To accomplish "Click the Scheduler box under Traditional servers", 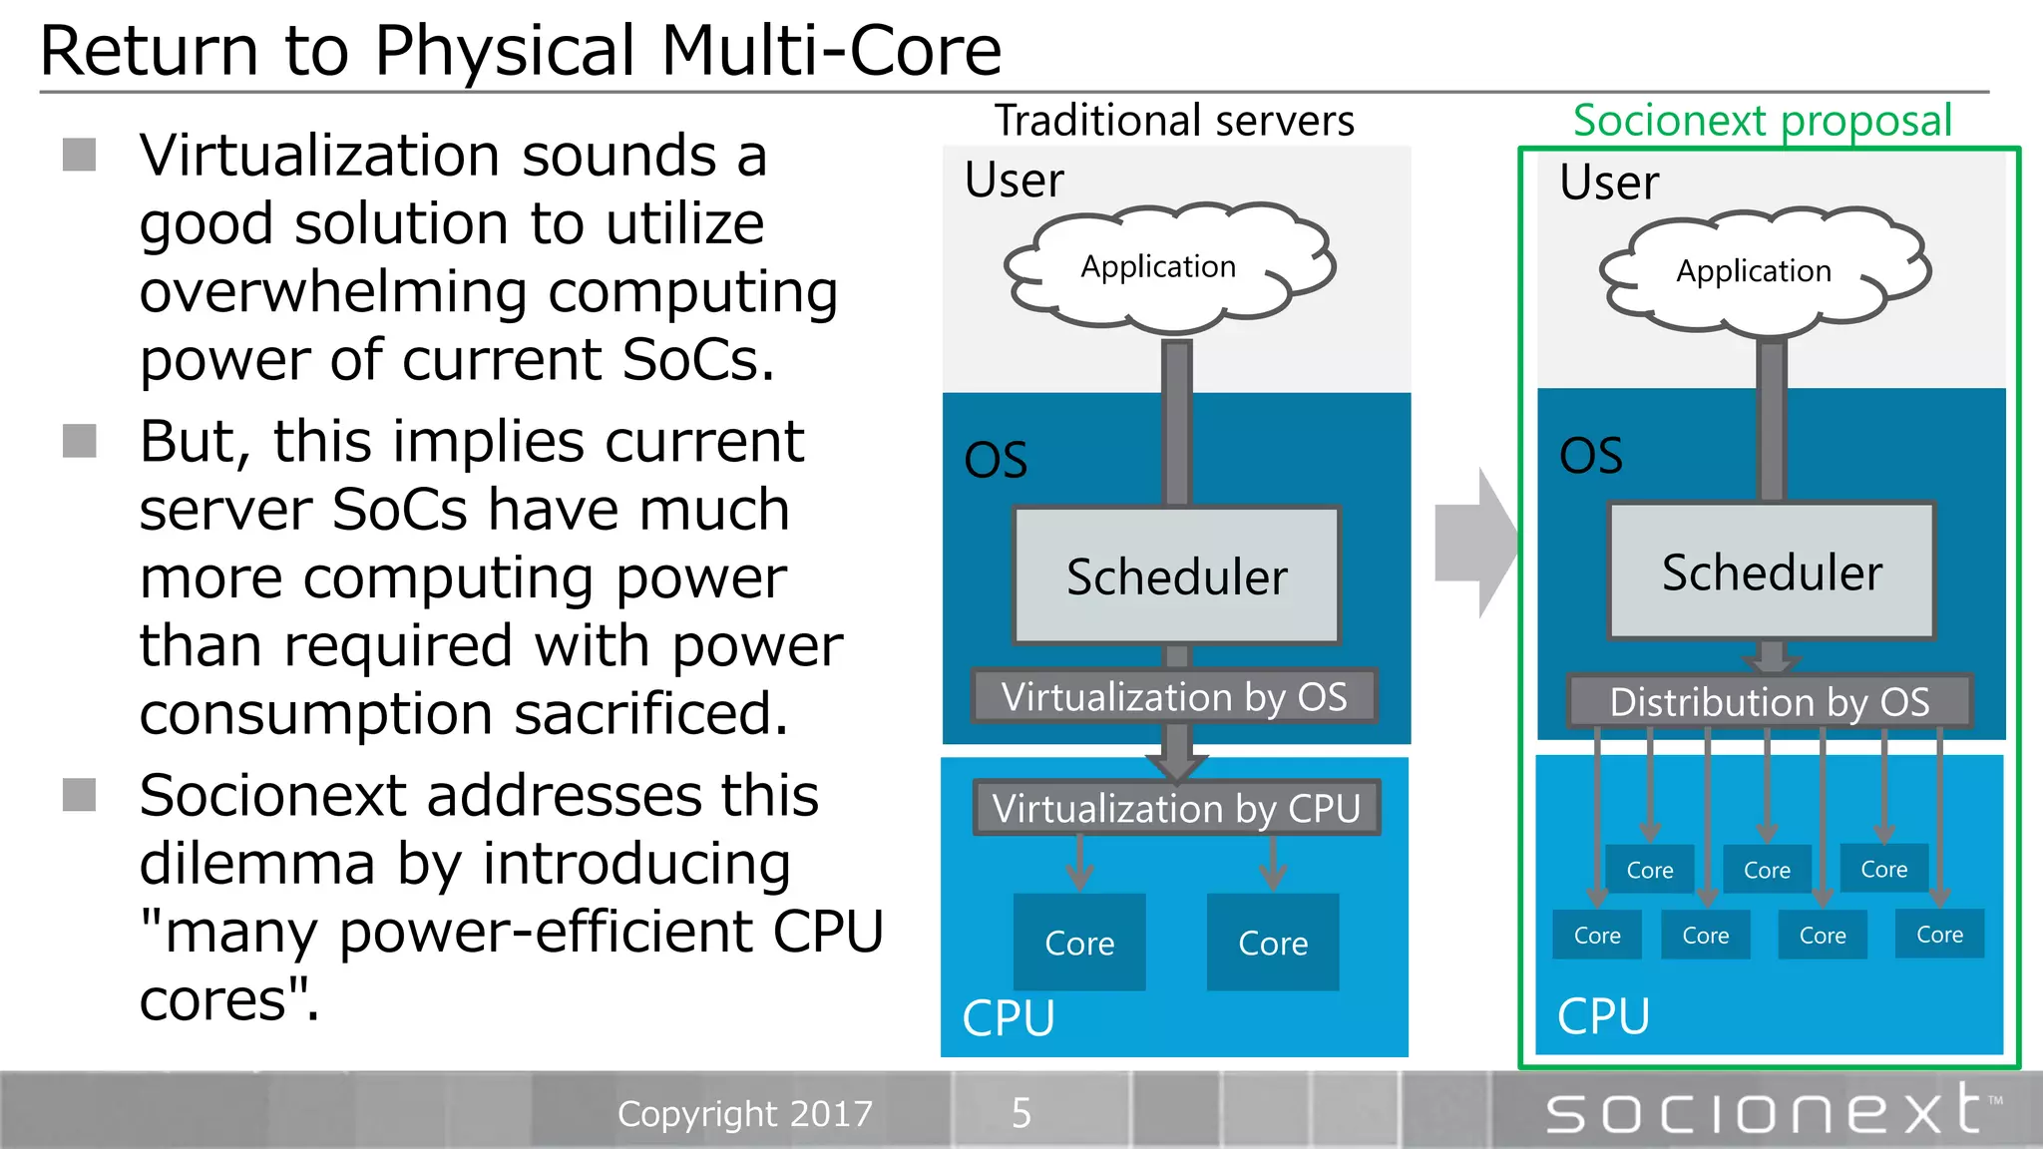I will (x=1176, y=575).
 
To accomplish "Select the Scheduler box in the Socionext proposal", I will (x=1772, y=572).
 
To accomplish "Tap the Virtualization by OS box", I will (x=1174, y=696).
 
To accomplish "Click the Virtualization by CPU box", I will (x=1176, y=808).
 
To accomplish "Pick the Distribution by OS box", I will (x=1769, y=701).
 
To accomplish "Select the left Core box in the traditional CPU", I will (x=1079, y=943).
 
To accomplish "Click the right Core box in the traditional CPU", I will (x=1273, y=943).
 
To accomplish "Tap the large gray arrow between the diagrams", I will (x=1474, y=544).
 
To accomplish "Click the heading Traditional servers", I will (x=1174, y=121).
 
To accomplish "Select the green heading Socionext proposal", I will (x=1762, y=121).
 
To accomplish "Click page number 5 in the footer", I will (x=1021, y=1112).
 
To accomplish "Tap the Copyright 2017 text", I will (x=745, y=1113).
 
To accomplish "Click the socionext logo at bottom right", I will (x=1766, y=1111).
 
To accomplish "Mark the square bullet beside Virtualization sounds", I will (x=80, y=156).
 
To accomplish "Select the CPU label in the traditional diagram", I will (x=1009, y=1018).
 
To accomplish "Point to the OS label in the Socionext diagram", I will (x=1590, y=456).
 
